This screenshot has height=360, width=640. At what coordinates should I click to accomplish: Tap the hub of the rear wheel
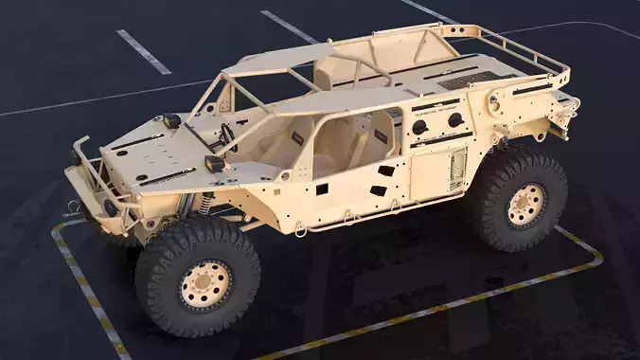tap(525, 205)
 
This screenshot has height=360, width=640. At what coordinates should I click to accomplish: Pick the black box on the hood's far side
tap(171, 120)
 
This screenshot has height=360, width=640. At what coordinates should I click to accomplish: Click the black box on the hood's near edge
tap(214, 163)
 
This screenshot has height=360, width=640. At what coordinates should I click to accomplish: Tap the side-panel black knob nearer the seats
tap(419, 127)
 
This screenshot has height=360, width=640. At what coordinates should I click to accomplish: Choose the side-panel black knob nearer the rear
tap(455, 119)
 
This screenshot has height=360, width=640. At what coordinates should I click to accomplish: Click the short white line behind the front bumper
tap(143, 51)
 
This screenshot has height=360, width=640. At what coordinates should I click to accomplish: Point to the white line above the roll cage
tap(288, 26)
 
